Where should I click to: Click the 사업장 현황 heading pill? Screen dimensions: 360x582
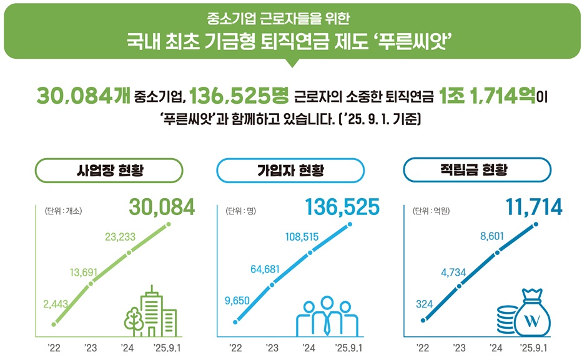pos(109,171)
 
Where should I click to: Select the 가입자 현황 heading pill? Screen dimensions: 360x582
pos(290,171)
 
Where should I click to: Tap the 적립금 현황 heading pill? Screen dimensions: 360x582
pos(477,170)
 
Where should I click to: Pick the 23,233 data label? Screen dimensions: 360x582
pos(121,237)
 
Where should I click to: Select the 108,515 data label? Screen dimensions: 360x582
pos(302,237)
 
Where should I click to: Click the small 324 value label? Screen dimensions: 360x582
pos(424,304)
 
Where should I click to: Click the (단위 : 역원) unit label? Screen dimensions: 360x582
pos(432,211)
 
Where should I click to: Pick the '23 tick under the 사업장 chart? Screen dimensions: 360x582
pos(92,347)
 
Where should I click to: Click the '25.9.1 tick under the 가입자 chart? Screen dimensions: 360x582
pos(349,347)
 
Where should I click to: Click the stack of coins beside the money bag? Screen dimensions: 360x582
pos(506,320)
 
